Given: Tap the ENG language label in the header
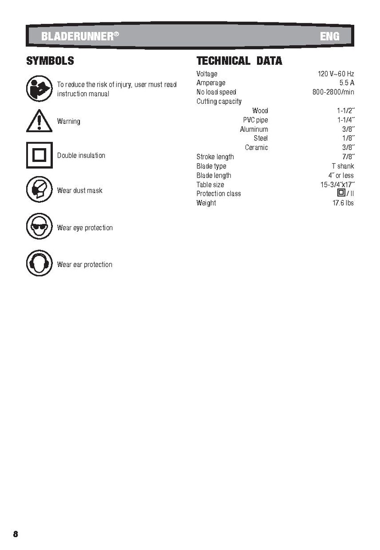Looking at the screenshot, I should coord(330,36).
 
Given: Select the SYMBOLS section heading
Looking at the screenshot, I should coord(50,61).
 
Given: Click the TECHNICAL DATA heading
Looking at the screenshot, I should coord(239,61).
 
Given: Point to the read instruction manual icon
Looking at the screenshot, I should coord(39,89).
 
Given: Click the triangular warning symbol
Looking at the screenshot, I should coord(39,122).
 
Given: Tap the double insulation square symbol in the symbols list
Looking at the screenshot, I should coord(39,156).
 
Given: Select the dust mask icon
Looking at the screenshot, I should coord(39,190).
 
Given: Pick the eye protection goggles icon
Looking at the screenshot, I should coord(39,227).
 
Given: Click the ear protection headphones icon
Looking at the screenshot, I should coord(39,264).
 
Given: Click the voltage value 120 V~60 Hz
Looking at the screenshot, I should coord(336,74).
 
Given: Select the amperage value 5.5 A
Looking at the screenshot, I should coord(346,83).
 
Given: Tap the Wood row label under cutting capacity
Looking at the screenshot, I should coord(260,111).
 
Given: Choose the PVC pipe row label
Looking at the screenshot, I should coord(255,120).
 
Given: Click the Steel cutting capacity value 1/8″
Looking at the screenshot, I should coord(348,138).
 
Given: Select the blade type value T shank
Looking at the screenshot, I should coord(343,166).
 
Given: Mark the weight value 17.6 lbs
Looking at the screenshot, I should coord(343,203).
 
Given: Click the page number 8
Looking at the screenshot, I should coord(16,534).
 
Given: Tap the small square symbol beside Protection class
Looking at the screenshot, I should coord(341,193).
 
